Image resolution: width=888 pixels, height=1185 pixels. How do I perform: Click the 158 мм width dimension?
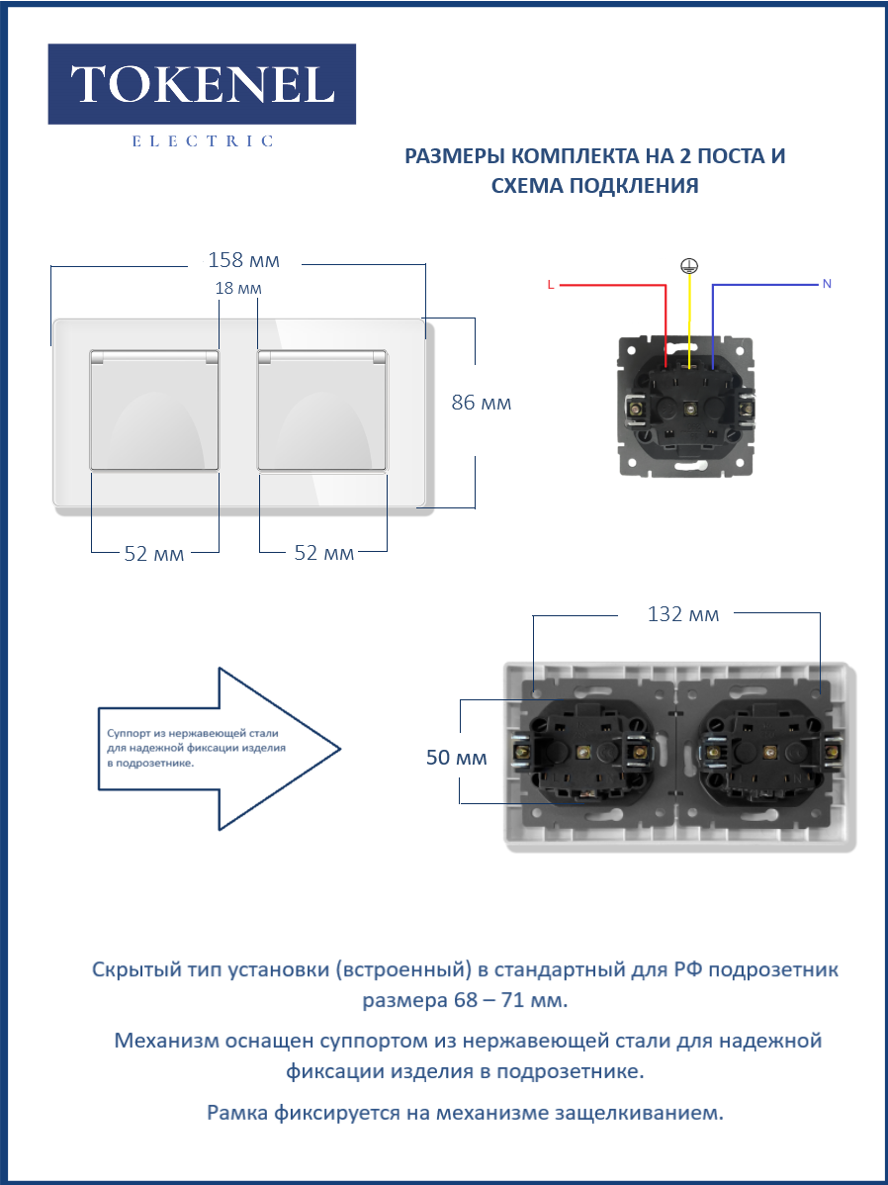point(243,261)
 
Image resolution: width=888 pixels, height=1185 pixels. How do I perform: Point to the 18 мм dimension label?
point(238,288)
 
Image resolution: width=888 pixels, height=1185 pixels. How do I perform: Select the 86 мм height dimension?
point(481,404)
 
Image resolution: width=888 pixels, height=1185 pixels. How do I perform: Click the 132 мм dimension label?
point(682,614)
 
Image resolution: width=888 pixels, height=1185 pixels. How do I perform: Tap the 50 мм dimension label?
point(457,759)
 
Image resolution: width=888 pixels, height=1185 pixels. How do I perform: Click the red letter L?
point(550,285)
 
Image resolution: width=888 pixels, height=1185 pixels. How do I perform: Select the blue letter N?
point(827,284)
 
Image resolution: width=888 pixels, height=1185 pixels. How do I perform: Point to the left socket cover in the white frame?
point(154,410)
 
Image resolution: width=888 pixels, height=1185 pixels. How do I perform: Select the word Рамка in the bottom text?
point(238,1113)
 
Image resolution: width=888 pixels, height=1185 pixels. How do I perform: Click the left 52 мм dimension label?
point(154,554)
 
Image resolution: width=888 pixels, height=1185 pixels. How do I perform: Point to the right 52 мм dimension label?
point(323,554)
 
